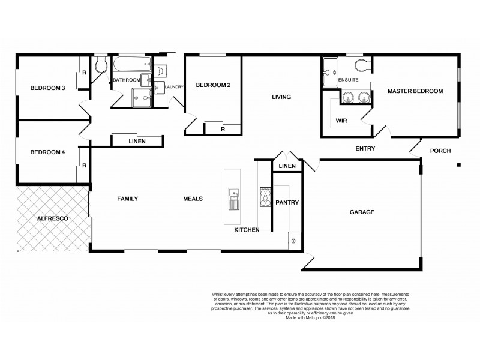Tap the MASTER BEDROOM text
[x=415, y=91]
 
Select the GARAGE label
[x=362, y=212]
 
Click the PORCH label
[x=440, y=151]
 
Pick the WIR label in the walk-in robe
[x=342, y=120]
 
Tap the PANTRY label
[x=287, y=203]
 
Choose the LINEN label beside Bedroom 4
[x=137, y=142]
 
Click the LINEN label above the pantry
[x=287, y=166]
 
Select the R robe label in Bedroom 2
[x=223, y=128]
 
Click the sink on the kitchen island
[x=233, y=196]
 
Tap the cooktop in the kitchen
[x=264, y=196]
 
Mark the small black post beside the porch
[x=458, y=165]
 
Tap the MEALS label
[x=193, y=199]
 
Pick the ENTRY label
[x=365, y=149]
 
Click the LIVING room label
[x=281, y=97]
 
